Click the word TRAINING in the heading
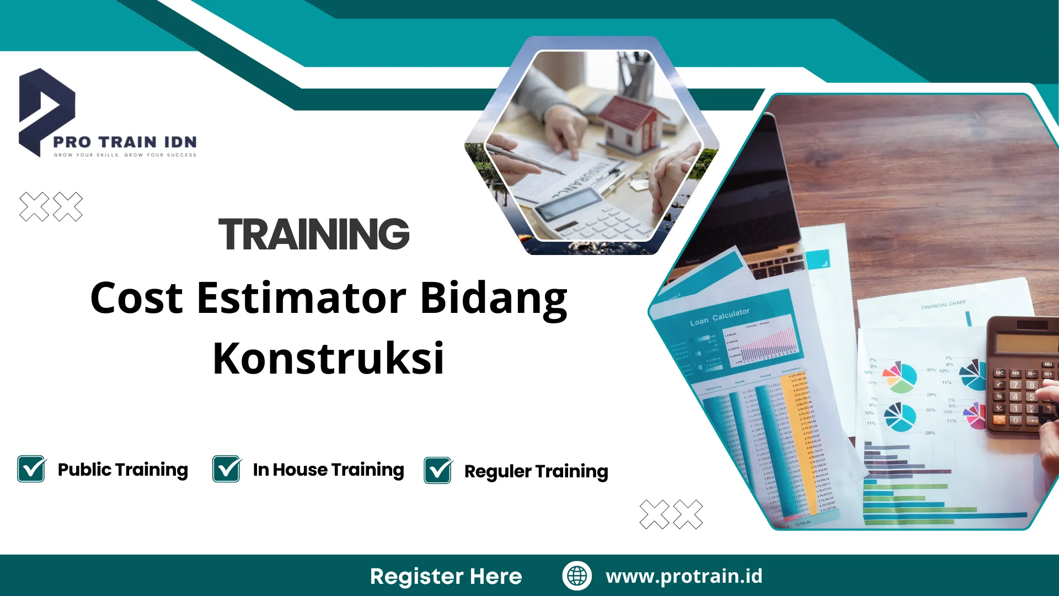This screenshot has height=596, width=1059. pyautogui.click(x=314, y=234)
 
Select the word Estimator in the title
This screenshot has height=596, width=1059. pyautogui.click(x=302, y=298)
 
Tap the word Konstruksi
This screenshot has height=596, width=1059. pyautogui.click(x=328, y=359)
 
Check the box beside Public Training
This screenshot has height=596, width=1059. pyautogui.click(x=31, y=469)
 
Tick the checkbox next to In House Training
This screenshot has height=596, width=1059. pyautogui.click(x=227, y=469)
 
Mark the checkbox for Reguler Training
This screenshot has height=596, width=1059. pyautogui.click(x=438, y=471)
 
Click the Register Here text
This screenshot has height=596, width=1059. pyautogui.click(x=446, y=576)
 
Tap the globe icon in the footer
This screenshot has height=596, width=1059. pyautogui.click(x=577, y=576)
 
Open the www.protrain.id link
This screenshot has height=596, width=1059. pyautogui.click(x=684, y=576)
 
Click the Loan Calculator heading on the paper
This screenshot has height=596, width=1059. pyautogui.click(x=719, y=317)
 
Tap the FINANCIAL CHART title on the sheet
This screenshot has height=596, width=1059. pyautogui.click(x=943, y=305)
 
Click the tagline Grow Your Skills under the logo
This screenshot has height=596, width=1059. pyautogui.click(x=125, y=155)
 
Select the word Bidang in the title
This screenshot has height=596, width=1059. pyautogui.click(x=494, y=298)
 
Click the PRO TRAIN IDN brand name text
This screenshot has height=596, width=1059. pyautogui.click(x=125, y=142)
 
